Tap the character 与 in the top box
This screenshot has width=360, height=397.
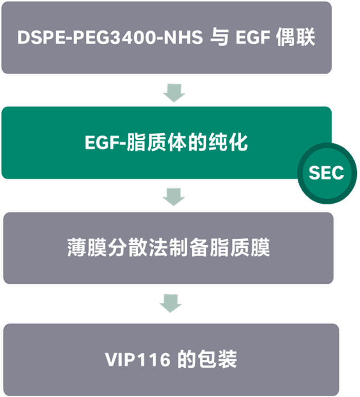tap(219, 38)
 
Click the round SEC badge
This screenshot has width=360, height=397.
tap(327, 173)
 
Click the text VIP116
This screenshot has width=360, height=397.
tap(137, 359)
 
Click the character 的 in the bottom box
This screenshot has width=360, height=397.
tap(185, 359)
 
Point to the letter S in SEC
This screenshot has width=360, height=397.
tap(315, 173)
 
